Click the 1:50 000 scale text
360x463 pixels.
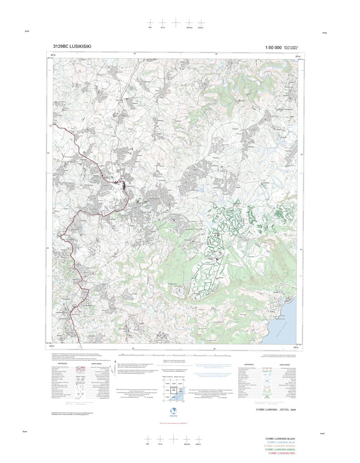pyautogui.click(x=273, y=48)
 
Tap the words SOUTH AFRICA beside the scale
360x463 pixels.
pyautogui.click(x=291, y=47)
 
